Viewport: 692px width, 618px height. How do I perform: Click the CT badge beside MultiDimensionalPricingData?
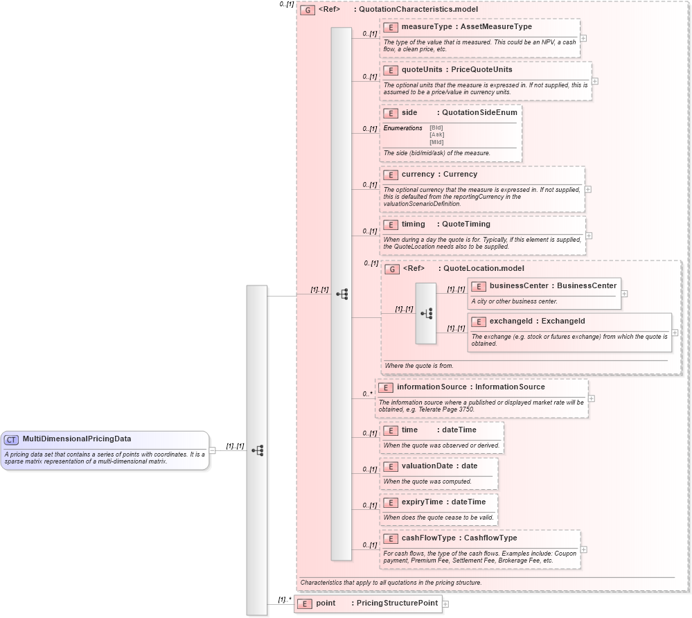point(12,439)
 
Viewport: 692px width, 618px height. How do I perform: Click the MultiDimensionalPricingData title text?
point(77,439)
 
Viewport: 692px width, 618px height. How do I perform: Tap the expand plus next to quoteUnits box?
point(595,81)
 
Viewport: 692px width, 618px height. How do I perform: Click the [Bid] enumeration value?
point(436,127)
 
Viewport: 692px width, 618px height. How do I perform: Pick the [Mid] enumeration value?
point(436,142)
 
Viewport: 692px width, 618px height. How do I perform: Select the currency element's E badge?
point(391,175)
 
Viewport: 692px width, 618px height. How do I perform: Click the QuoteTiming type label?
point(465,224)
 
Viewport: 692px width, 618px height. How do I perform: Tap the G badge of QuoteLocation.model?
point(392,269)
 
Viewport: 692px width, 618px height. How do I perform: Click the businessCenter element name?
point(519,286)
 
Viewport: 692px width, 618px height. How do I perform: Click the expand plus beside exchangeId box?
point(675,333)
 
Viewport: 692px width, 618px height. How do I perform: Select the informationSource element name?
point(432,387)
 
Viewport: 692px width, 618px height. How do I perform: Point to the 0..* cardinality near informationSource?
point(368,394)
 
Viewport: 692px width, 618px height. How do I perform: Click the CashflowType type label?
point(490,538)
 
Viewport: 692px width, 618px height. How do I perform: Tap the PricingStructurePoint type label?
point(397,603)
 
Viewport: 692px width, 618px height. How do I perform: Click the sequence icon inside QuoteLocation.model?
point(426,313)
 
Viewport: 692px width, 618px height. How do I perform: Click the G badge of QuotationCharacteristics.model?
point(308,10)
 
